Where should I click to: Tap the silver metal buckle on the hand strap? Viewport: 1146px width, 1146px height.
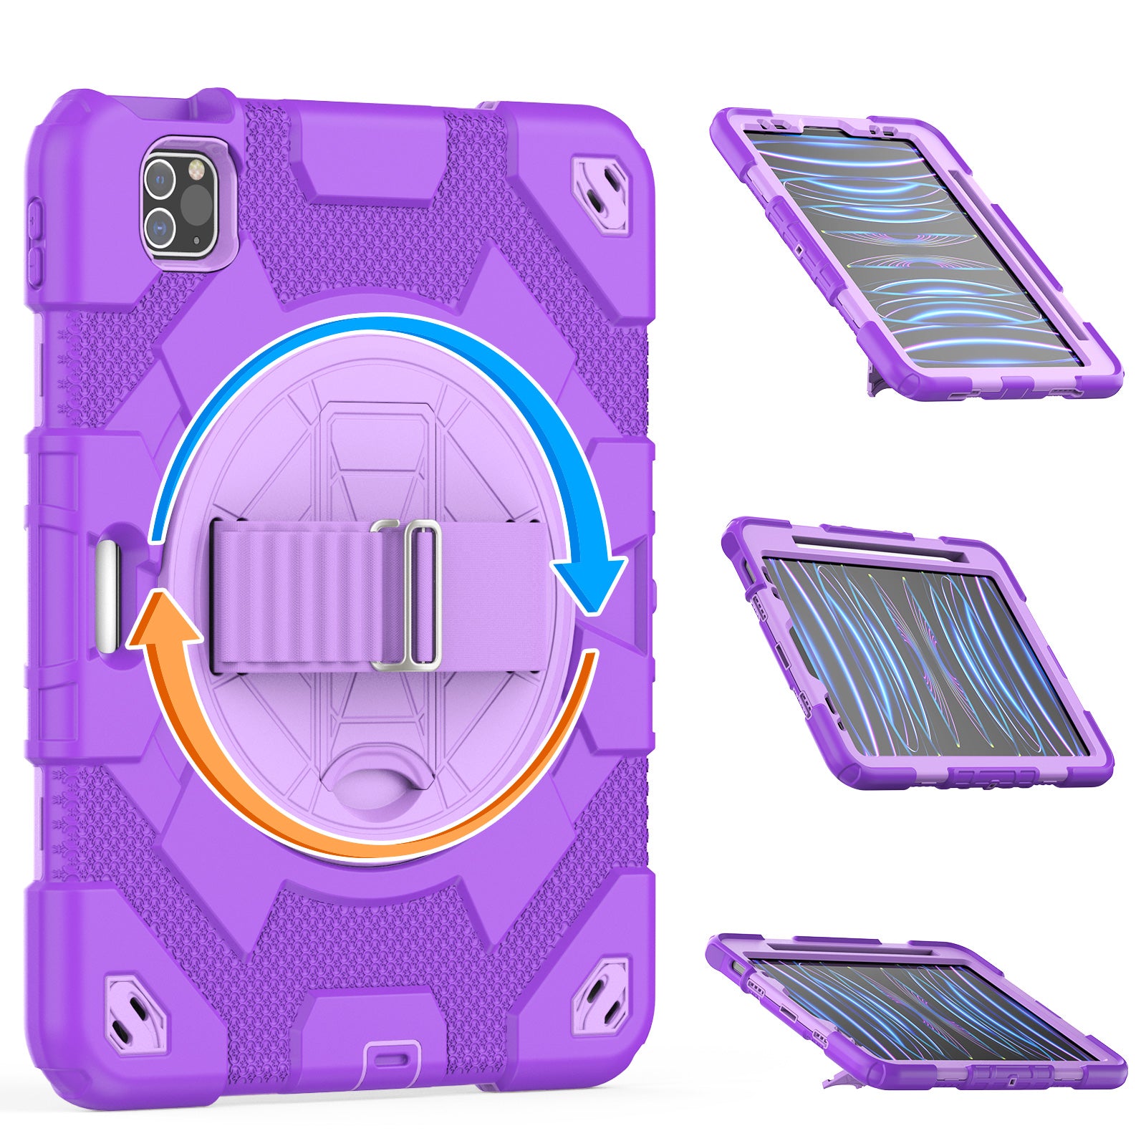coord(405,595)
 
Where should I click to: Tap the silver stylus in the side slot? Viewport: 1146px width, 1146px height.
coord(108,597)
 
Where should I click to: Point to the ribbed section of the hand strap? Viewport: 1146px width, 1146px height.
coord(286,596)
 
